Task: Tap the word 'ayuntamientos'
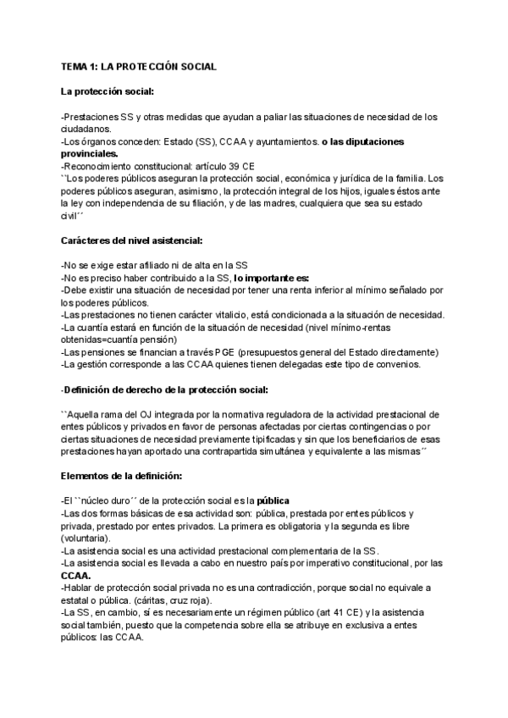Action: point(285,141)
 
